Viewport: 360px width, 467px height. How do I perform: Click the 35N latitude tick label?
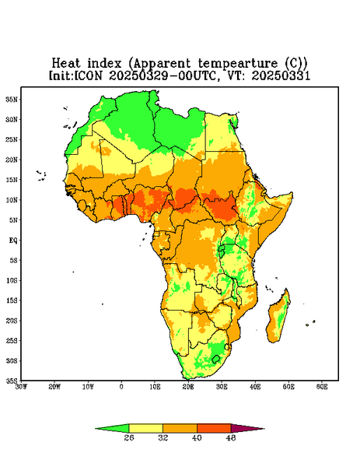tap(12, 99)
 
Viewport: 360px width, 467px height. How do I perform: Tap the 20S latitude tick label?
tap(12, 321)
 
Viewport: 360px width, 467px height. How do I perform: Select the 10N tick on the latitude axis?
tap(12, 200)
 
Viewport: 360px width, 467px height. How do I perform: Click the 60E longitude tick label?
tap(322, 387)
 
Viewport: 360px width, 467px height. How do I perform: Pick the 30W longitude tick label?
tap(21, 387)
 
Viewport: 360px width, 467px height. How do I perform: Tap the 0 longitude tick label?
tap(121, 387)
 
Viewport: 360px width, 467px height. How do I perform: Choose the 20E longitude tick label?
tap(188, 387)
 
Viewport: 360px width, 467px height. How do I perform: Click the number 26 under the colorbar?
tap(129, 437)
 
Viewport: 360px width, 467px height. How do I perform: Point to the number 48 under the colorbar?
tap(231, 437)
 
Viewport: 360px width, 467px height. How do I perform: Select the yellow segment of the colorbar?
tap(145, 428)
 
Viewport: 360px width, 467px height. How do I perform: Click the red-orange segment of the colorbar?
tap(214, 428)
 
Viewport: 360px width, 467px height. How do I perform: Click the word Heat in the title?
tap(66, 64)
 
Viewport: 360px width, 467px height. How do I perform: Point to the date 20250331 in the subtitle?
tap(281, 75)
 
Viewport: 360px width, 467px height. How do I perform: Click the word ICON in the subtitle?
tap(88, 75)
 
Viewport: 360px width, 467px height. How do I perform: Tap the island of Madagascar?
tap(279, 318)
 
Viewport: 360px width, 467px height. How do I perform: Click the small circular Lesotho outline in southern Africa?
tap(216, 359)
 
